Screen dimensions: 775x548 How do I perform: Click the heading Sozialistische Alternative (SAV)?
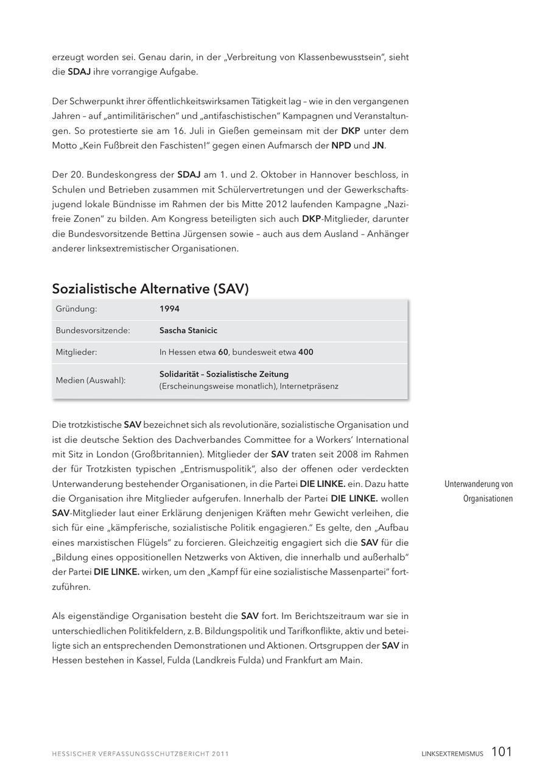point(150,289)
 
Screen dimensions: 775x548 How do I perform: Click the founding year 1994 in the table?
point(169,309)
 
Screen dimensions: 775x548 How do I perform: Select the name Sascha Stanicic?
point(188,330)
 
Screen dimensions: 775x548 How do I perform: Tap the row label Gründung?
point(76,309)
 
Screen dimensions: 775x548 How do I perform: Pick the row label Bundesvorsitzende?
point(93,330)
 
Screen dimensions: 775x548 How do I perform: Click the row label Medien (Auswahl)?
point(90,380)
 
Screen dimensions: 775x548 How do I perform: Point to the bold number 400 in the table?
point(306,352)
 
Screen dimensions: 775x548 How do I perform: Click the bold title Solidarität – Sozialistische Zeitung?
point(224,374)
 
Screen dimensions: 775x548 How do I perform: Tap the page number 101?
point(501,752)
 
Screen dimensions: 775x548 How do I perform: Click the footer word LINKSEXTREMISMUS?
point(452,754)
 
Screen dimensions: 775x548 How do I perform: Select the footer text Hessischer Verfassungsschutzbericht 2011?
point(140,754)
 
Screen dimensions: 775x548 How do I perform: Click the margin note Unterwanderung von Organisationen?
point(479,491)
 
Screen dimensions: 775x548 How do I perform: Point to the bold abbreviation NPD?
point(341,146)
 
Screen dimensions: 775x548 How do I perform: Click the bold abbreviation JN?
point(378,146)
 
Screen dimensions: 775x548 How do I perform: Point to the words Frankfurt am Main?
point(323,660)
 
